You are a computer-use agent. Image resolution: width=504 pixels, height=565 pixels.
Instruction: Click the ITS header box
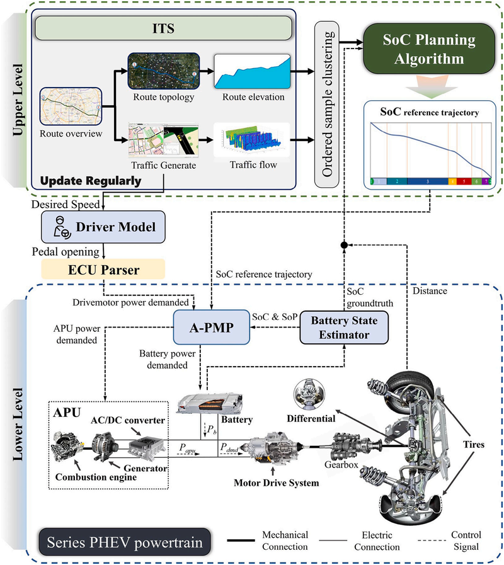tap(163, 29)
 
